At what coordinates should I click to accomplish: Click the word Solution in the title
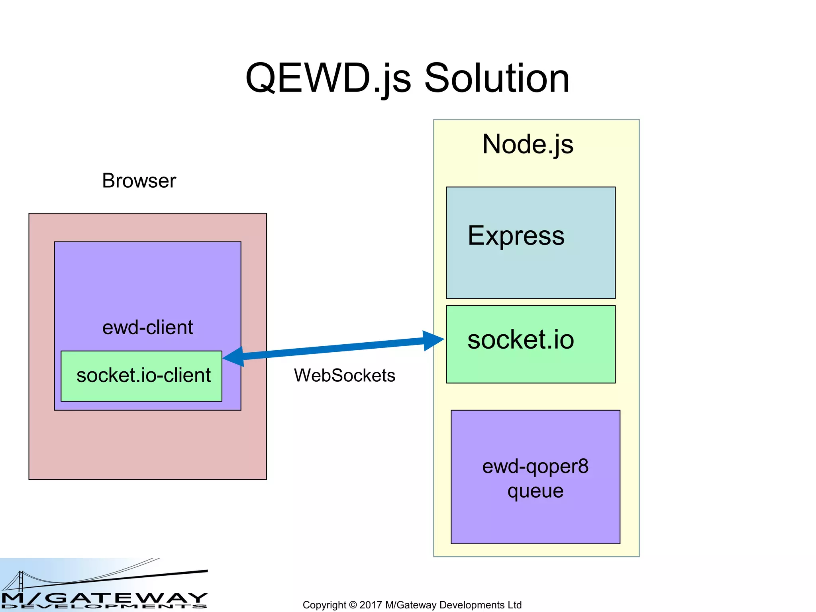point(496,78)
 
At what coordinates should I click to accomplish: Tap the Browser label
point(139,180)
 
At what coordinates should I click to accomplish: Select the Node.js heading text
point(528,144)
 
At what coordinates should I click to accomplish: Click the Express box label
point(516,235)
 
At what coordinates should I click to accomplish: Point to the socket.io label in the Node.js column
point(520,340)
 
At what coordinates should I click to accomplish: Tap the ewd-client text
point(147,328)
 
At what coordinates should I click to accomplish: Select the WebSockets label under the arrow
point(344,375)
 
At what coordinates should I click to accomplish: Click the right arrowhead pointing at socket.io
point(433,340)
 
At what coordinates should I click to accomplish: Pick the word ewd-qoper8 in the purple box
point(535,466)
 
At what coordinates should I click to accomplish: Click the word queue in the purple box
point(535,491)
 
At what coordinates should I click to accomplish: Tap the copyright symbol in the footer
point(353,605)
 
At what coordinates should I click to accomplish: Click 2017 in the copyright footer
point(371,605)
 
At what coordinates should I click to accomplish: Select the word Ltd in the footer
point(514,605)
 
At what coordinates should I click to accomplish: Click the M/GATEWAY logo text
point(104,598)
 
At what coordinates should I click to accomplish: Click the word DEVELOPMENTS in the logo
point(104,607)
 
